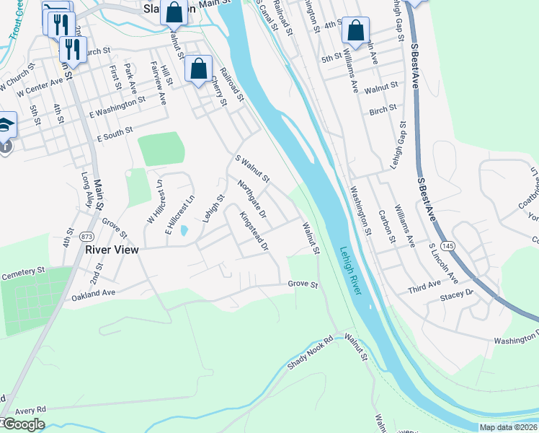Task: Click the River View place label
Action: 111,250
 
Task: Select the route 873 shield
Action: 87,236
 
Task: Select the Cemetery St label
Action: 23,276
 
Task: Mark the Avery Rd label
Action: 30,408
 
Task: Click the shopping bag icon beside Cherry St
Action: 199,69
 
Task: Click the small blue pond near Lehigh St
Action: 185,231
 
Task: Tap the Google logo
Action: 23,424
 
